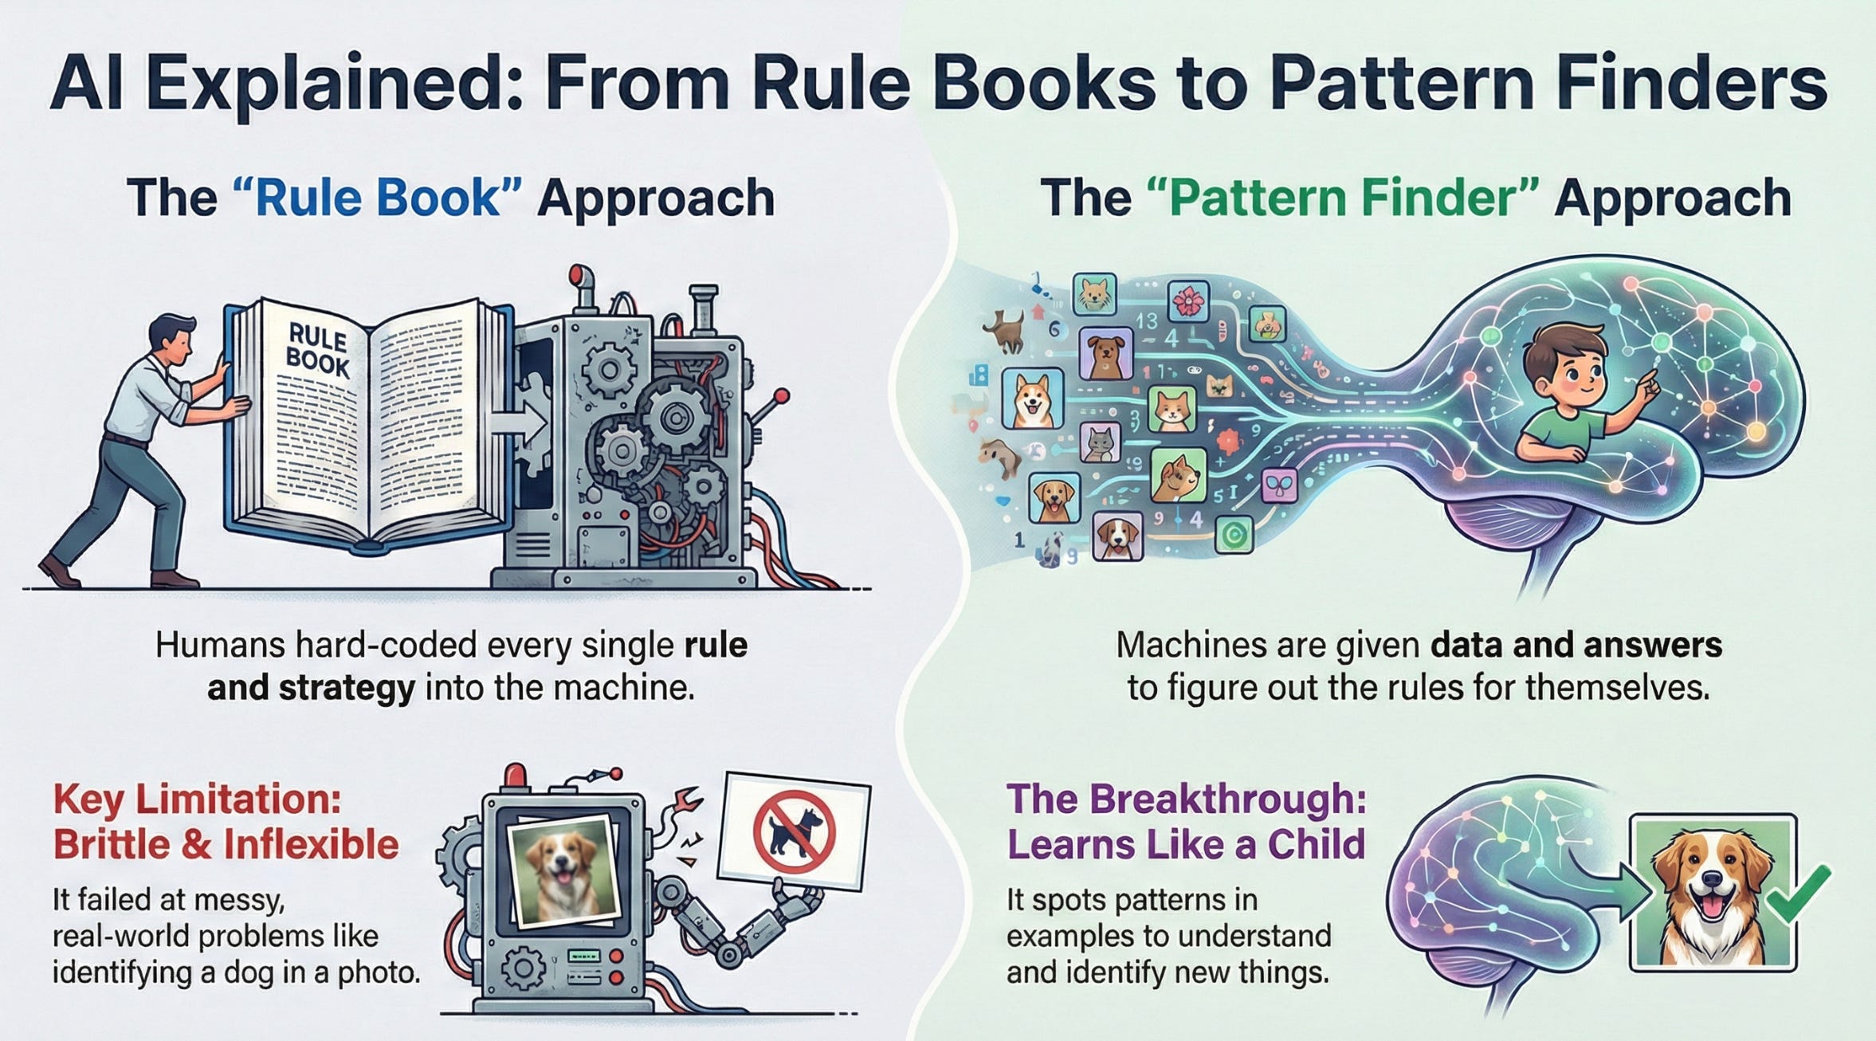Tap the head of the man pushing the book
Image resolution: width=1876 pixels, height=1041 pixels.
point(173,336)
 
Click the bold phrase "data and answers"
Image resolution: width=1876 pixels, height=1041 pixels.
point(1576,645)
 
